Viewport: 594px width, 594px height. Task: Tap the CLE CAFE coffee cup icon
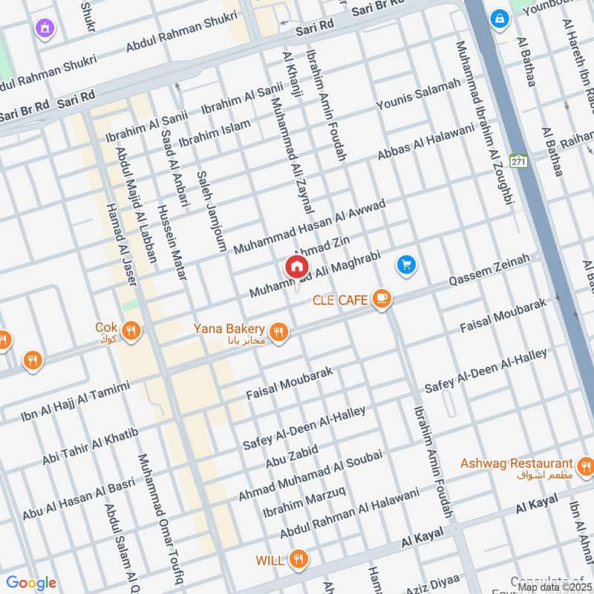point(382,299)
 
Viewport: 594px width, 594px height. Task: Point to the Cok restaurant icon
point(131,331)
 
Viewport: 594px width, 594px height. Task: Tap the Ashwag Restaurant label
point(516,463)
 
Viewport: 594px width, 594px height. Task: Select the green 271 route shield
point(518,161)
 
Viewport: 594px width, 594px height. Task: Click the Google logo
point(31,583)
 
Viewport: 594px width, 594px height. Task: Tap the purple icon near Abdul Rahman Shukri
point(46,29)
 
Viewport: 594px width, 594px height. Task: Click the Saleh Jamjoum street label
point(211,212)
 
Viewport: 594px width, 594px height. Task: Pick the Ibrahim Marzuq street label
point(304,502)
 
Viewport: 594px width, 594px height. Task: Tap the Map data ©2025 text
point(555,587)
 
